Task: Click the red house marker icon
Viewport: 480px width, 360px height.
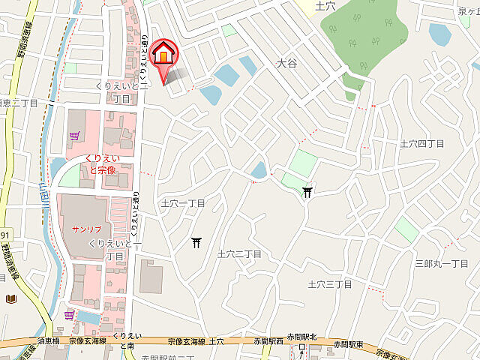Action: click(x=163, y=55)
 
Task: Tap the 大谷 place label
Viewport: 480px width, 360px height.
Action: click(x=286, y=64)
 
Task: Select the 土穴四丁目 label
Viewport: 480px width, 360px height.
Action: click(x=422, y=142)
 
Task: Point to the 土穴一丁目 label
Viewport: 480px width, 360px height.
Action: click(x=183, y=203)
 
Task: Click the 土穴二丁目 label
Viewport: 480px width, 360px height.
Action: click(x=238, y=254)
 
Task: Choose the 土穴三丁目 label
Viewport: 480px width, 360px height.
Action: click(x=330, y=284)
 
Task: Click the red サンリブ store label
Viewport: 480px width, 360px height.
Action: click(x=86, y=227)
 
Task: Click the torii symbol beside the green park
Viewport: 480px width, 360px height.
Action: click(x=307, y=193)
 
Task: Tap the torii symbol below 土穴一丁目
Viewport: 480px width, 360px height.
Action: click(x=196, y=241)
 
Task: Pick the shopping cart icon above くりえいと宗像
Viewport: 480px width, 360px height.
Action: click(x=73, y=136)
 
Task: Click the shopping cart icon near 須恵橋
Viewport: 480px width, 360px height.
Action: click(x=70, y=316)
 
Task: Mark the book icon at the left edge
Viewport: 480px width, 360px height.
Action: click(x=10, y=298)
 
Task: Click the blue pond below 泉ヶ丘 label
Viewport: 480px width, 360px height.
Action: click(x=439, y=34)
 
